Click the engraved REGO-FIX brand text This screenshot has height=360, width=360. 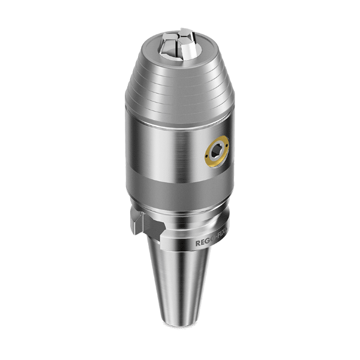click(211, 244)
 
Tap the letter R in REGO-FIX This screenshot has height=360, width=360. click(197, 244)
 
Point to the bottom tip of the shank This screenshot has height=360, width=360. click(179, 328)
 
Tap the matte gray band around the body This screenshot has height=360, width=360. click(180, 189)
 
